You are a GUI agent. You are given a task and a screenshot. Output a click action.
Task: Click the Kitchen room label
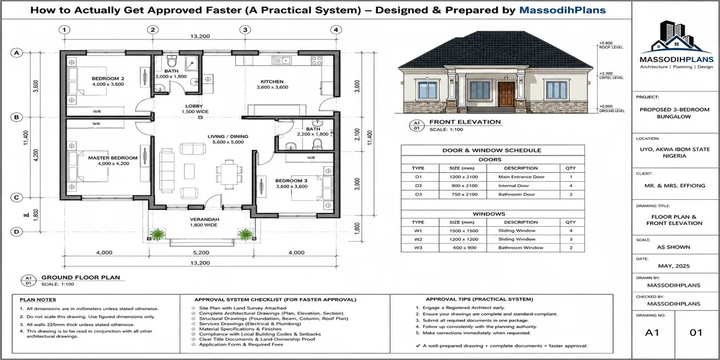click(272, 82)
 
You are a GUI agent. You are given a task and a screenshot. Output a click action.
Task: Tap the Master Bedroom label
click(113, 158)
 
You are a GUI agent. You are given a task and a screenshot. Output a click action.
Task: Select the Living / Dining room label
click(228, 136)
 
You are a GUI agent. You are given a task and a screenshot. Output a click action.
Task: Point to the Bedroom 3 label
click(291, 181)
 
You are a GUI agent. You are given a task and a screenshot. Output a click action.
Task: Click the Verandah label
click(205, 219)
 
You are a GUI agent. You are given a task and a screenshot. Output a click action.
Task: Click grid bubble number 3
click(245, 30)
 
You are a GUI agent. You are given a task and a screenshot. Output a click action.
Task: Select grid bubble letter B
click(16, 118)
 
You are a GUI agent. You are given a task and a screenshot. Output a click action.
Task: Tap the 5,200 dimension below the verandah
click(201, 253)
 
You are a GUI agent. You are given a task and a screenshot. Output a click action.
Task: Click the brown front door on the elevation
click(506, 94)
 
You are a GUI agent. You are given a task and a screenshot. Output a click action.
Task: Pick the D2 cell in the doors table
click(418, 185)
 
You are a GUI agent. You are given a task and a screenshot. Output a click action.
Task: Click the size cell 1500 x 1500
click(463, 231)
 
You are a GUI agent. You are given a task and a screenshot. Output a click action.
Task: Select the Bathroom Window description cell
click(521, 247)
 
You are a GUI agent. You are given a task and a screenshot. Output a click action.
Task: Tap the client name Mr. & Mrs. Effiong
click(674, 185)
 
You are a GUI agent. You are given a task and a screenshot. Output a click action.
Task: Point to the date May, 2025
click(674, 266)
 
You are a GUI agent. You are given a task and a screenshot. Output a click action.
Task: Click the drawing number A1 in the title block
click(652, 332)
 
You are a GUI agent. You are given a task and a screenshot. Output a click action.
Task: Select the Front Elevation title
click(465, 122)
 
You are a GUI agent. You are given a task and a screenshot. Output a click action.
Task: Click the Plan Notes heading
click(38, 299)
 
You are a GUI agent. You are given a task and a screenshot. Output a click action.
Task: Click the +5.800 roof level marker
click(605, 43)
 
